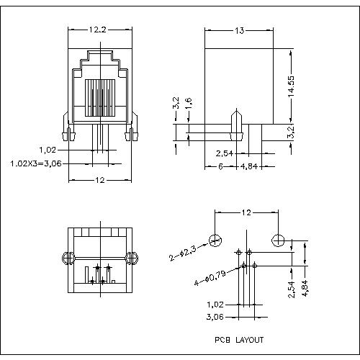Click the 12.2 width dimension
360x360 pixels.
[x=99, y=30]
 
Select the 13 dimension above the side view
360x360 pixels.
[x=240, y=30]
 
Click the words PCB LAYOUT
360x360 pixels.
[x=238, y=339]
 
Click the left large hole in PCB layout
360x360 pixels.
[x=215, y=240]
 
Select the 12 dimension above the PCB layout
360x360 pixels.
[x=246, y=213]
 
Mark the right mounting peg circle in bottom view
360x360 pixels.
[x=131, y=258]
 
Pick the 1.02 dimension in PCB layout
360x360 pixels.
[x=215, y=305]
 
